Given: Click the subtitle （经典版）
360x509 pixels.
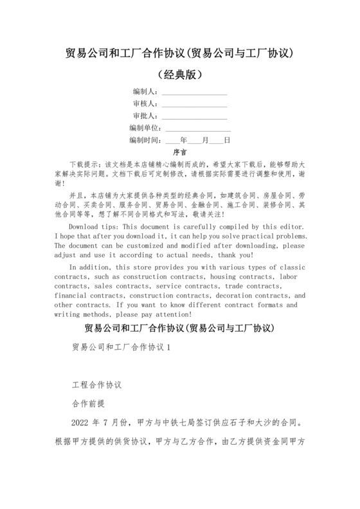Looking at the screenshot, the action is [x=180, y=75].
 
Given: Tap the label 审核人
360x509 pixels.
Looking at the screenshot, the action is [x=144, y=104].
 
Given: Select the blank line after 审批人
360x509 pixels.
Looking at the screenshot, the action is [x=194, y=117].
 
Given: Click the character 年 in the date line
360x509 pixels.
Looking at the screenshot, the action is [x=184, y=139].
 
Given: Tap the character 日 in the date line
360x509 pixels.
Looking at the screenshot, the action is [x=227, y=139].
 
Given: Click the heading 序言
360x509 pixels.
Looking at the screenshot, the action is [x=180, y=152].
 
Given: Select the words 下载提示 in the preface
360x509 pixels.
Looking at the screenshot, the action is [x=83, y=165].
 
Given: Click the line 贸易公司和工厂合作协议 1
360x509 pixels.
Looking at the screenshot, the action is [x=121, y=347].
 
